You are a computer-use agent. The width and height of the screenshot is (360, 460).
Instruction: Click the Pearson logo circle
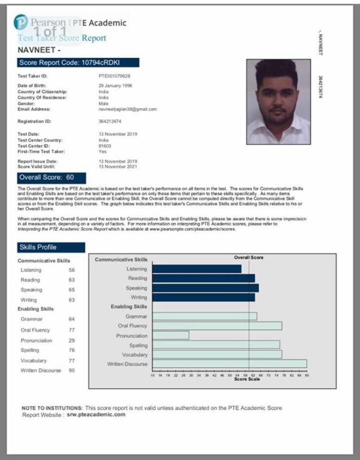click(21, 23)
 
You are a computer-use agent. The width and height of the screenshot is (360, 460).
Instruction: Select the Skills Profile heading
click(51, 247)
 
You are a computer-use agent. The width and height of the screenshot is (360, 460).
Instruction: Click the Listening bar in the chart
click(197, 269)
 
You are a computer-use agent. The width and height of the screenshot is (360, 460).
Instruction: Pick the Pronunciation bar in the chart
click(170, 335)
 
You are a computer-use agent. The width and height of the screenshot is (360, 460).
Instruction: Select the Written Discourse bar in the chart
click(229, 364)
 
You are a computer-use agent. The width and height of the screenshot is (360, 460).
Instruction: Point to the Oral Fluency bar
click(217, 326)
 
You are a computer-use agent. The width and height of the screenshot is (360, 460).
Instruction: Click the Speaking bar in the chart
click(205, 288)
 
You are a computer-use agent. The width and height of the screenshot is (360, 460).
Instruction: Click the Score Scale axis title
click(247, 379)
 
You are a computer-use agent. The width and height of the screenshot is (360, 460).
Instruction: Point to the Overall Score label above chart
click(248, 258)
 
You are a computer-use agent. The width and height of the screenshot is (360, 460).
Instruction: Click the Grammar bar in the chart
click(204, 316)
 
